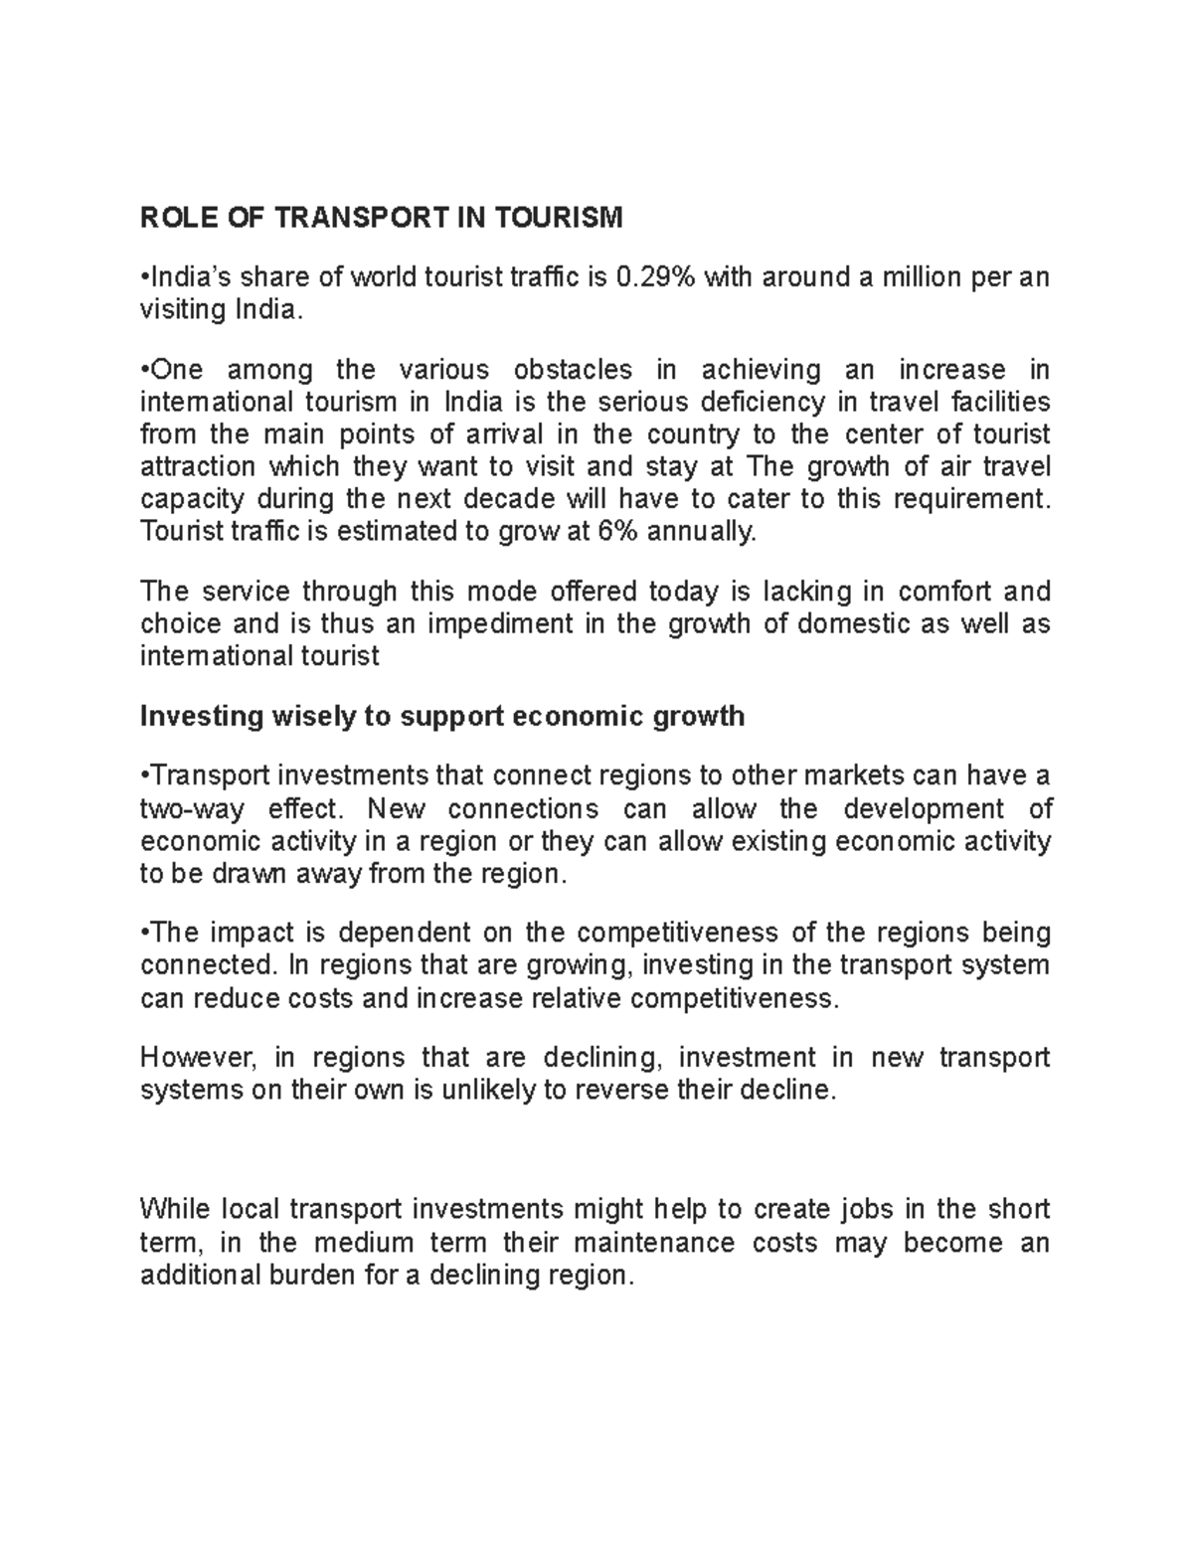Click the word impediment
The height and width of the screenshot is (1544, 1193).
460,625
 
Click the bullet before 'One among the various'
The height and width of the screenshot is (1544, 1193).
145,370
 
